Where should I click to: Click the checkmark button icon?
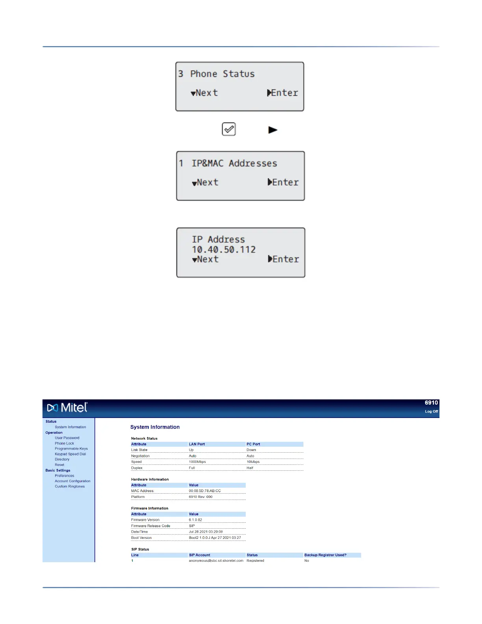coord(229,129)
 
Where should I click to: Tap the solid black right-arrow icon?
coord(273,130)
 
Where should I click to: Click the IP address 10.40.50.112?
coord(224,249)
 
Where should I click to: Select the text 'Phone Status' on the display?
coord(222,74)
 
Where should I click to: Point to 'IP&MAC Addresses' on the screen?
coord(234,163)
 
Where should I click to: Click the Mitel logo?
coord(67,407)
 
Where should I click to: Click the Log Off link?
coord(431,412)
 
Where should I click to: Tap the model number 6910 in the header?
coord(431,403)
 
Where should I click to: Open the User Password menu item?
coord(67,438)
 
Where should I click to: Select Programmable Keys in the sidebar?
coord(71,449)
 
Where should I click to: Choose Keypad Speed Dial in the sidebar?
coord(70,454)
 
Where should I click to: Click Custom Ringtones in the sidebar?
coord(70,487)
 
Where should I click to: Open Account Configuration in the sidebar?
coord(72,481)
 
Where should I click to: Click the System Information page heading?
coord(155,427)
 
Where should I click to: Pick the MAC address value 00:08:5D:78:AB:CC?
coord(205,491)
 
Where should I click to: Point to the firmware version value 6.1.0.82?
coord(195,520)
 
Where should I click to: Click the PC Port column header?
coord(253,444)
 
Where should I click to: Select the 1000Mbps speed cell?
coord(197,462)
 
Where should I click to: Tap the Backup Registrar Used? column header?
coord(325,555)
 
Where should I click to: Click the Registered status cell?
coord(255,561)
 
